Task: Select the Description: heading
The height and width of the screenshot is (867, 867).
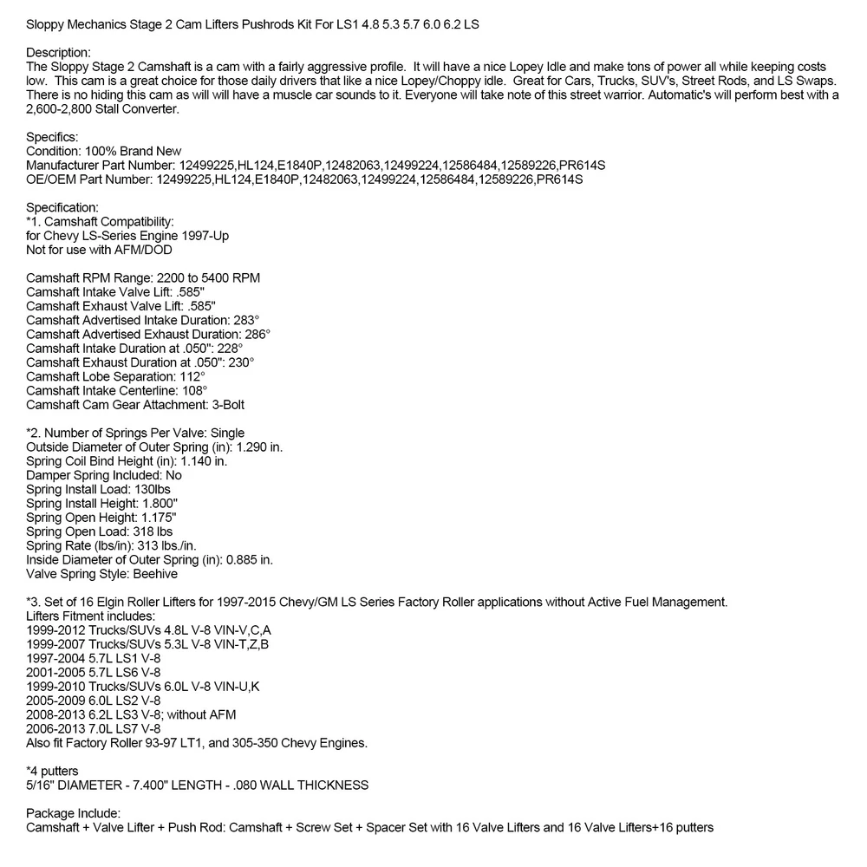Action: tap(58, 53)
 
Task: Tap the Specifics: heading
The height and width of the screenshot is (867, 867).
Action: tap(53, 137)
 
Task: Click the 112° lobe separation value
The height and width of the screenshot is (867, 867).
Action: tap(192, 375)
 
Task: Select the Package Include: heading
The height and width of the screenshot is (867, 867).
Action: tap(73, 813)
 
